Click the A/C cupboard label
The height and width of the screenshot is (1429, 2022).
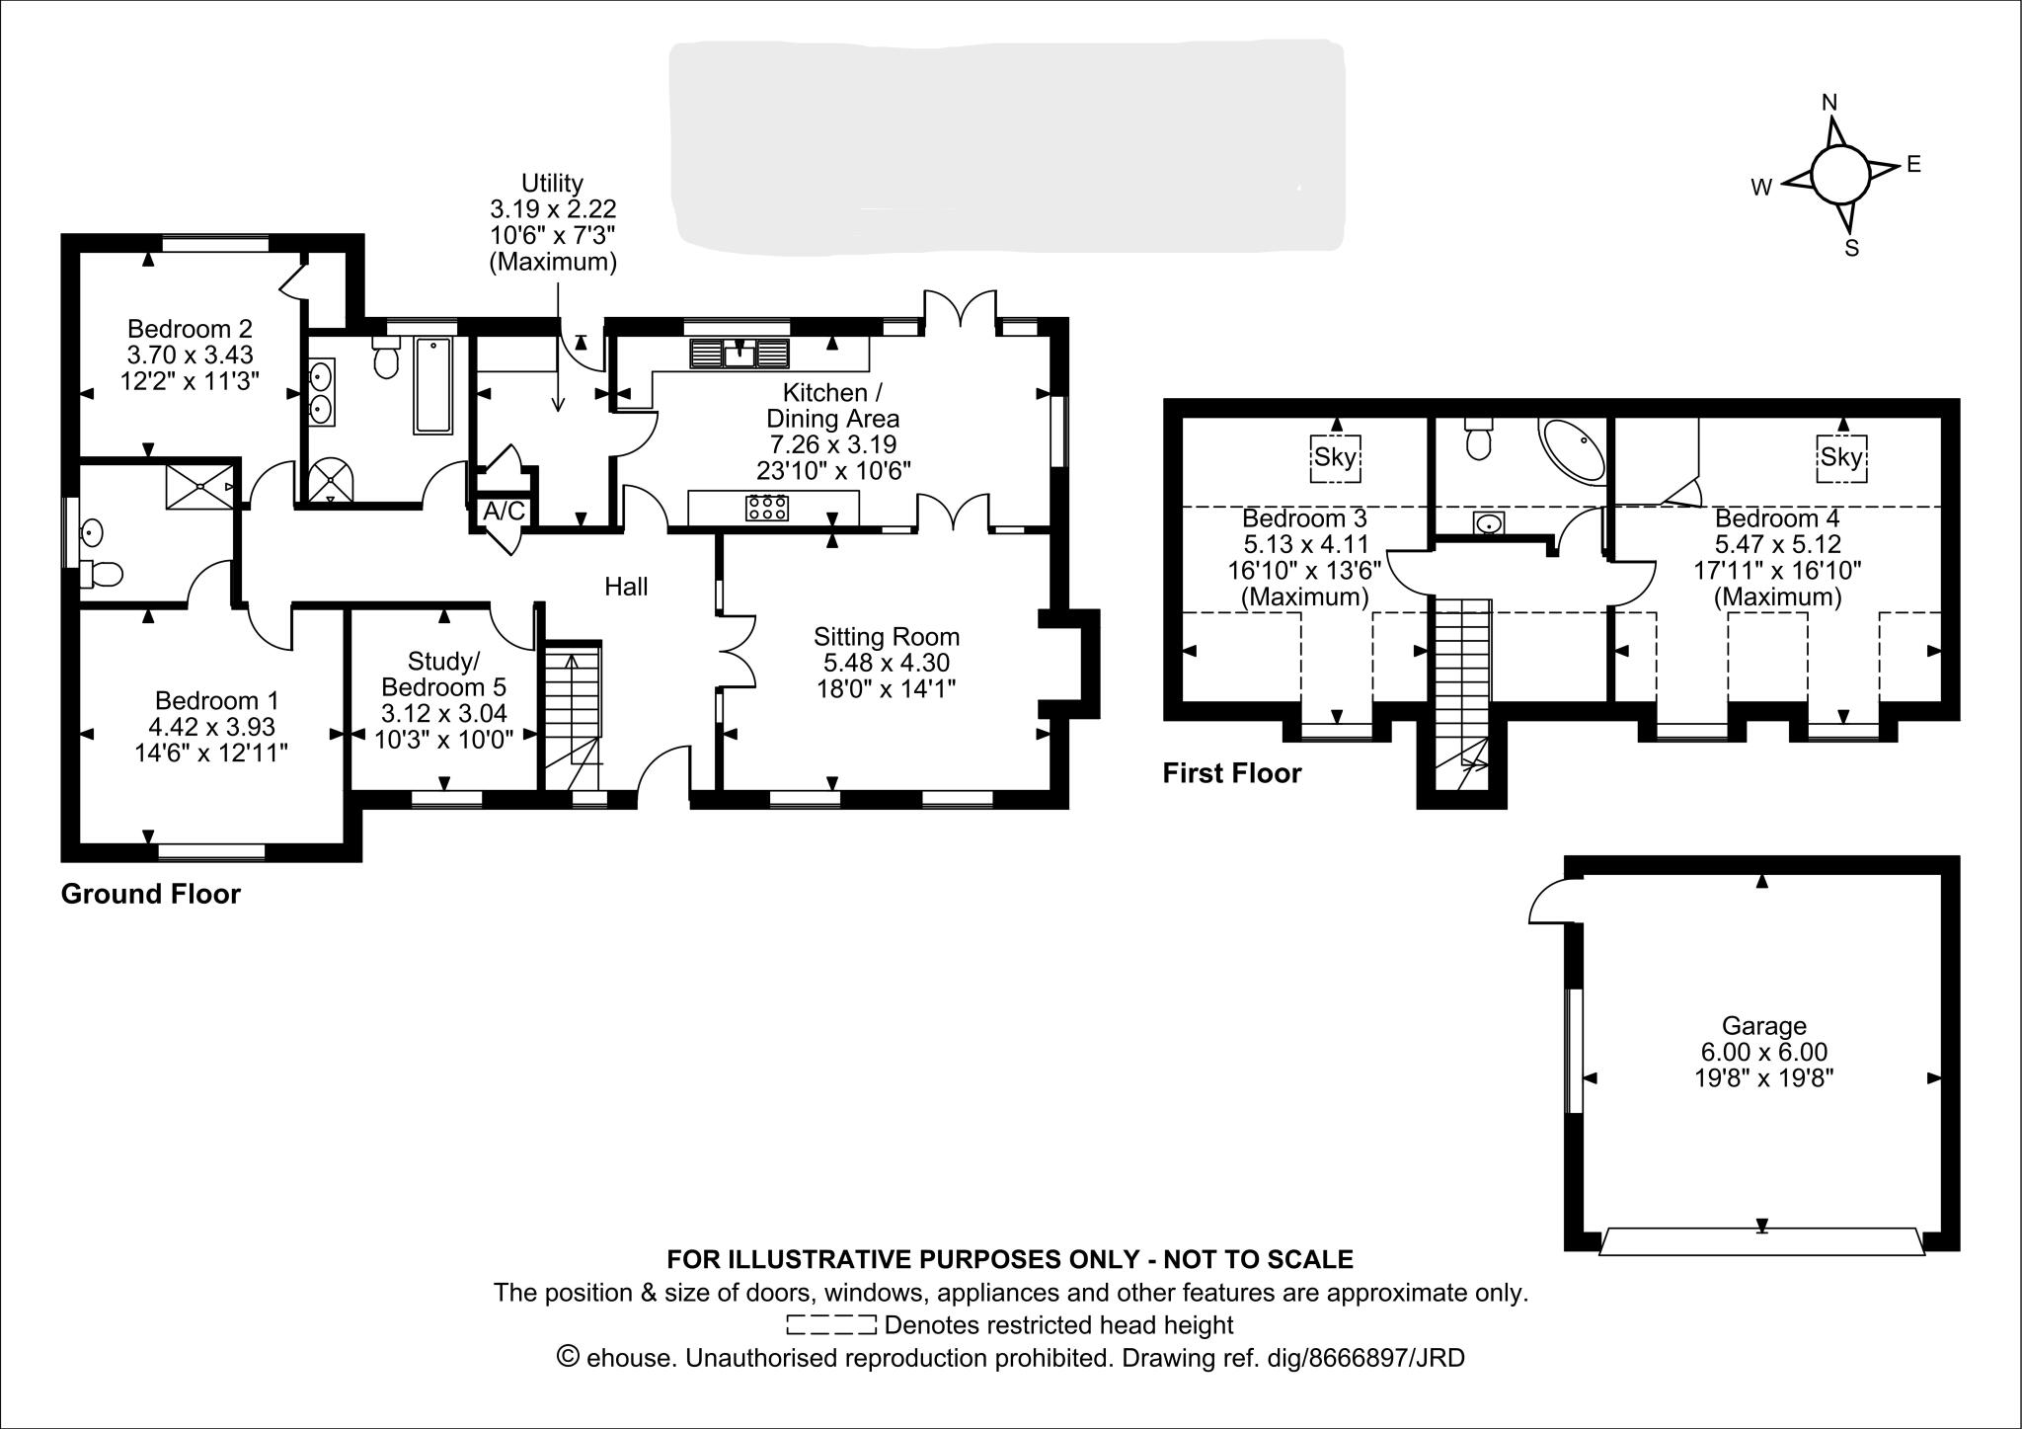tap(504, 512)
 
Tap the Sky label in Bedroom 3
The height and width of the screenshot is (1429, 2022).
tap(1335, 457)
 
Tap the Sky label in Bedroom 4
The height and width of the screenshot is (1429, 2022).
tap(1841, 457)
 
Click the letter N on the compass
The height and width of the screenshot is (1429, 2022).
tap(1828, 103)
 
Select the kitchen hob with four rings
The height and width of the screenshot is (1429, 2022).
tap(768, 508)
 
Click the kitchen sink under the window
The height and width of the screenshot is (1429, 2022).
tap(739, 353)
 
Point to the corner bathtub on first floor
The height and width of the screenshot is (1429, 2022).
tap(1574, 450)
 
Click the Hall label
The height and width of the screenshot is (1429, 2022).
tap(626, 587)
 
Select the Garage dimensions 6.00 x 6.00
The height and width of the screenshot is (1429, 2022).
tap(1762, 1052)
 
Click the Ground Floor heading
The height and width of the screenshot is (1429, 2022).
tap(150, 894)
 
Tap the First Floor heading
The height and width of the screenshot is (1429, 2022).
tap(1231, 773)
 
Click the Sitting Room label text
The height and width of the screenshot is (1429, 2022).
tap(886, 637)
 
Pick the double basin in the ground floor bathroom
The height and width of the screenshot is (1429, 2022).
tap(321, 391)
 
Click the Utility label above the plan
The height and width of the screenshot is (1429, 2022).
tap(552, 183)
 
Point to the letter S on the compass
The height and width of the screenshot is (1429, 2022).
tap(1851, 248)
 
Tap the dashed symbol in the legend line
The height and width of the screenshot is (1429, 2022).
tap(830, 1324)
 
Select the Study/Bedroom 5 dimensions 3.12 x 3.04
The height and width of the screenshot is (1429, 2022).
tap(443, 713)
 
